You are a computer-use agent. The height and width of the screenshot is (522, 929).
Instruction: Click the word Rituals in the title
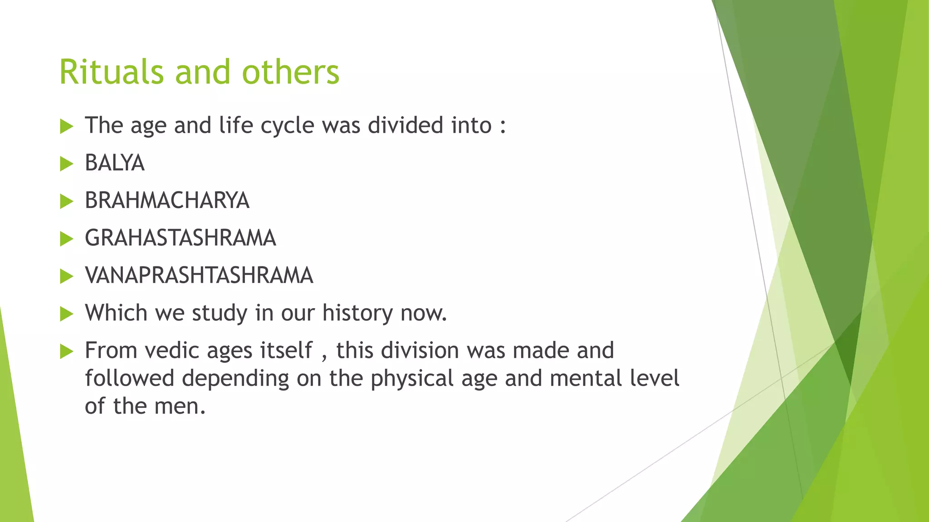[111, 72]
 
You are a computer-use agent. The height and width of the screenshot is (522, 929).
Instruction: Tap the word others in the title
[290, 72]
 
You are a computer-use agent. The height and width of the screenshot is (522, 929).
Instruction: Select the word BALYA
[114, 163]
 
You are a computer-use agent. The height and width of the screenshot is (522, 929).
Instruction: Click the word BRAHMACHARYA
[167, 201]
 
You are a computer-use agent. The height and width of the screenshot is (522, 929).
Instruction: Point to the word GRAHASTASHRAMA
[180, 238]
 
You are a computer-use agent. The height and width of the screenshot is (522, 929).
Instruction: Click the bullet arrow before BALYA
[66, 164]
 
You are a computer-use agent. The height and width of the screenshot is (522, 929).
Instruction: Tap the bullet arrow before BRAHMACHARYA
[66, 201]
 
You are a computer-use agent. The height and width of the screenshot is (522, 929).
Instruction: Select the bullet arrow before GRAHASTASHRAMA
[66, 239]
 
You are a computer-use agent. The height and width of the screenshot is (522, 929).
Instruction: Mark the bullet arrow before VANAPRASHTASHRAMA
[66, 276]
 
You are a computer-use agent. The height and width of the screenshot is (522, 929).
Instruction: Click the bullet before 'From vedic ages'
[66, 351]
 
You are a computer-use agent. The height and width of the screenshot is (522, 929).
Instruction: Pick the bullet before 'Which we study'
[66, 314]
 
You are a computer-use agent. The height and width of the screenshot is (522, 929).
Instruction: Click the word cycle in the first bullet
[287, 126]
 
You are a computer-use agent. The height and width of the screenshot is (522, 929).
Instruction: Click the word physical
[412, 379]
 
